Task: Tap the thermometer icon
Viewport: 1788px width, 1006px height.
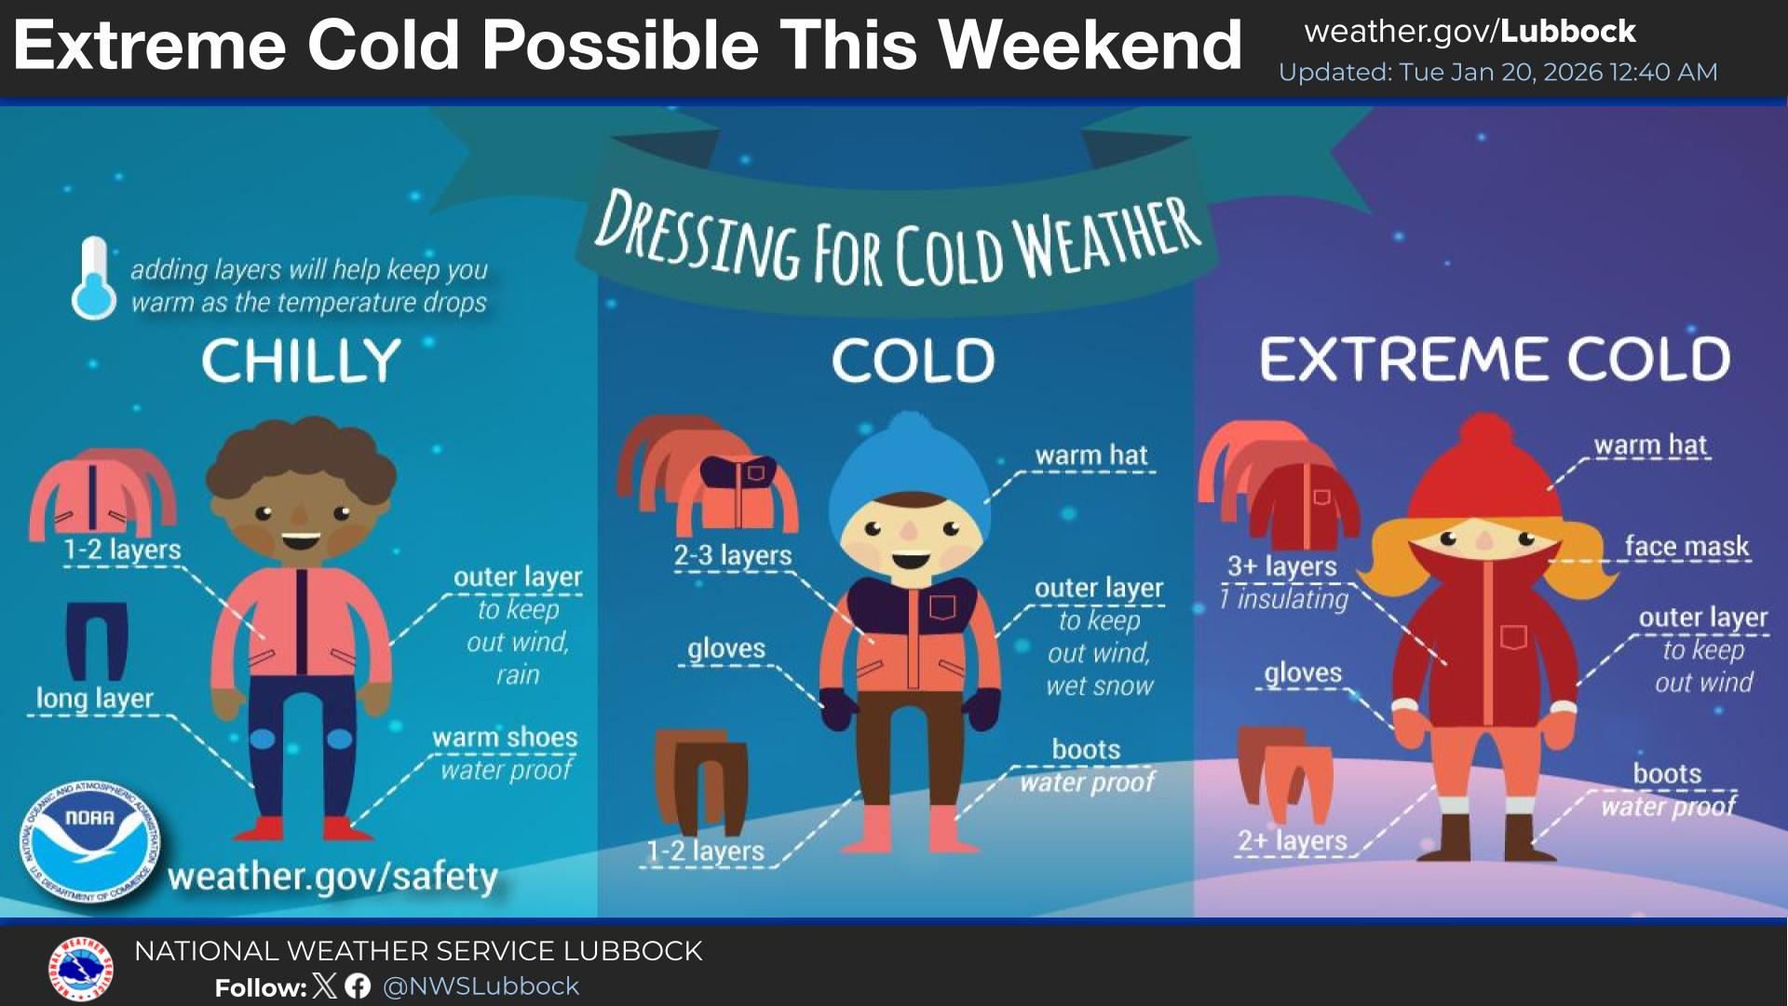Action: tap(94, 279)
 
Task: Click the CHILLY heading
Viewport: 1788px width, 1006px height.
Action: tap(301, 360)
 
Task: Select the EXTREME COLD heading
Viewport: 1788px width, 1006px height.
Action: tap(1495, 360)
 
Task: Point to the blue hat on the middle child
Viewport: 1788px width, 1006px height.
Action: tap(907, 475)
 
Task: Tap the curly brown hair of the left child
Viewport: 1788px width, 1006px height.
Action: tap(301, 461)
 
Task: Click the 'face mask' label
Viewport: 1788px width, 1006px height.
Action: tap(1686, 546)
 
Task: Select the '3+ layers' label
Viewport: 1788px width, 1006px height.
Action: tap(1282, 565)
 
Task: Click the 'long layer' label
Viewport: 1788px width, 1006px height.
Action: tap(94, 699)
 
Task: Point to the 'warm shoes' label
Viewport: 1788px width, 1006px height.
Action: tap(505, 737)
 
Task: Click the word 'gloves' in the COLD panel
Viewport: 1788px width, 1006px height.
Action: tap(726, 648)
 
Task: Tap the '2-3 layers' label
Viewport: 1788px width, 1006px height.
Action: tap(733, 555)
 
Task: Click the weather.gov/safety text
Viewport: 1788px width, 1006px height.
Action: tap(332, 877)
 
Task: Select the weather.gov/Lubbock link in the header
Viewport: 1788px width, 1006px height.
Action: tap(1470, 32)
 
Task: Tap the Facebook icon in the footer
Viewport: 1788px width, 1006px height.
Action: tap(358, 986)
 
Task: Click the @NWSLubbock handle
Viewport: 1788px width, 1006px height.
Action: tap(481, 986)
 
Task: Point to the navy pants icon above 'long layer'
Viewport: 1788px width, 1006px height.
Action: tap(97, 642)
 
